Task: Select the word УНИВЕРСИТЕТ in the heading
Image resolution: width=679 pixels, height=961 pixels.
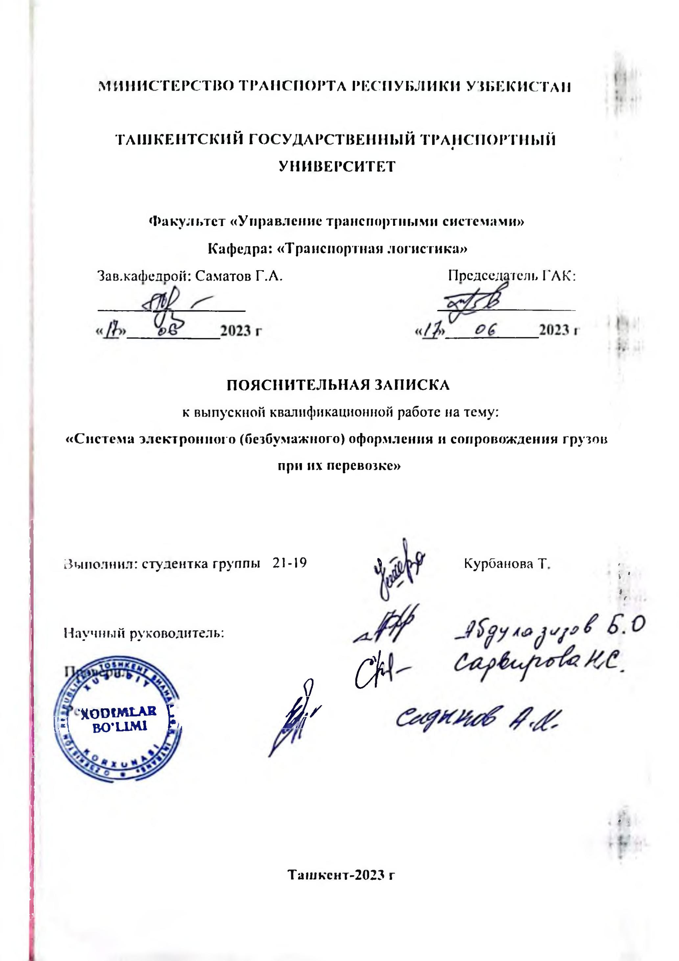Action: click(337, 166)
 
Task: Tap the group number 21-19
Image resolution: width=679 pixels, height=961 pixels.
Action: click(289, 563)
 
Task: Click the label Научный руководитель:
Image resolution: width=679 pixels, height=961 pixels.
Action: click(144, 633)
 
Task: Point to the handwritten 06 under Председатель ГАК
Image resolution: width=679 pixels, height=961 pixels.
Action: click(486, 331)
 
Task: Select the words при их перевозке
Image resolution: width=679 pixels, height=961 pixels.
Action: click(339, 465)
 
